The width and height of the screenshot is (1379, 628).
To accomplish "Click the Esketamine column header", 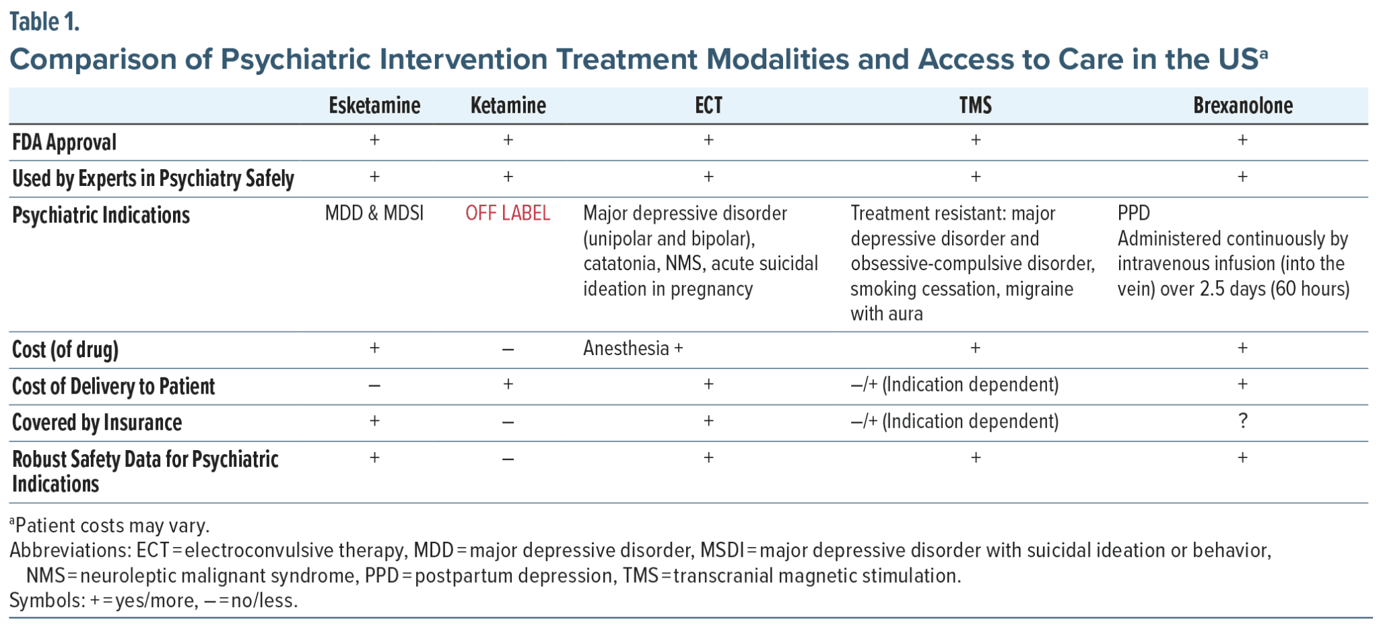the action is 374,105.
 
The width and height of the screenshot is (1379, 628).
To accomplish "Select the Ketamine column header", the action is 508,105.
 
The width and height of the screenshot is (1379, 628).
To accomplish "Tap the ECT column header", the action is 708,105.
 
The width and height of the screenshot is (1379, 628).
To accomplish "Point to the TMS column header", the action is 976,105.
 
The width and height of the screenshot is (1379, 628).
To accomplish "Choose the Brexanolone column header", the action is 1243,105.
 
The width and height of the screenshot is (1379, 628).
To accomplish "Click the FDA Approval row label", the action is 65,142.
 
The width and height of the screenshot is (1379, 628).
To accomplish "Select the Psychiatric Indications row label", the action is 101,215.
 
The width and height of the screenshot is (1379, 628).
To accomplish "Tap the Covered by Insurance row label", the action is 97,422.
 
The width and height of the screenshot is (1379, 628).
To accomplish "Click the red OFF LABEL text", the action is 508,214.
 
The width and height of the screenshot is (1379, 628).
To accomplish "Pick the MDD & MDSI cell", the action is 374,214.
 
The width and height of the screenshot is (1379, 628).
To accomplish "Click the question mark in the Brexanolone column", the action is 1243,421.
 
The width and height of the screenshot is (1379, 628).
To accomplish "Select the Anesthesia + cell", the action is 633,348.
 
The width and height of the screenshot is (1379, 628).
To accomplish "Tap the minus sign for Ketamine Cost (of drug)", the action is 508,350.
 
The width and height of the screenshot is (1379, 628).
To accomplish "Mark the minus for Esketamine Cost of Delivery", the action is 374,386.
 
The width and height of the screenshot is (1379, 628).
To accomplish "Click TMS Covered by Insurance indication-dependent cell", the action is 954,421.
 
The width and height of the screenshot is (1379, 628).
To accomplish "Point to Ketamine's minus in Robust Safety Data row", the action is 508,460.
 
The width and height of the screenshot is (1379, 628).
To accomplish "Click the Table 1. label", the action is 44,22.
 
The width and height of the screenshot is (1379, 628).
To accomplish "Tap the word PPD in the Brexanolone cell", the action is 1134,214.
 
